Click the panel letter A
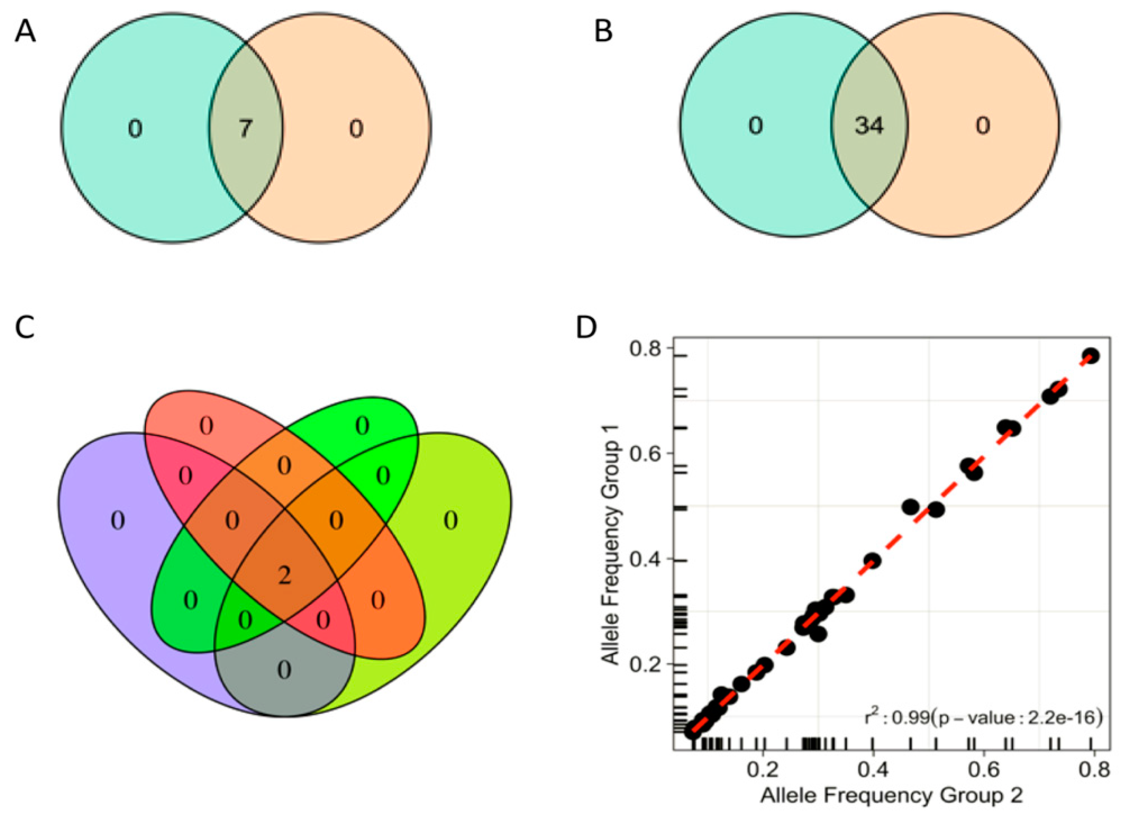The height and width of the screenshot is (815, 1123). tap(25, 33)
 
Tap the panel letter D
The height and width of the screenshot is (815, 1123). tap(587, 328)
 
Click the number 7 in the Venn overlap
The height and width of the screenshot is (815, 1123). tap(245, 129)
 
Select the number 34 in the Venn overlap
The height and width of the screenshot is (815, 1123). tap(869, 126)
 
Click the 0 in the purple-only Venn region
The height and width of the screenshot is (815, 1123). tap(118, 521)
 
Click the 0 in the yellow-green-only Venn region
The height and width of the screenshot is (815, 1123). tap(450, 521)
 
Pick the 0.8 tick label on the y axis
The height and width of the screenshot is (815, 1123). tap(646, 349)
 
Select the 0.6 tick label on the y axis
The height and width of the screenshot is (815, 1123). tap(646, 454)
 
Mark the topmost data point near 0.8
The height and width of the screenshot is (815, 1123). tap(1090, 356)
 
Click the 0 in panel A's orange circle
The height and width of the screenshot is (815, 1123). tap(356, 129)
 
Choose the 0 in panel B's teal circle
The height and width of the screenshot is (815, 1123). tap(755, 126)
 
